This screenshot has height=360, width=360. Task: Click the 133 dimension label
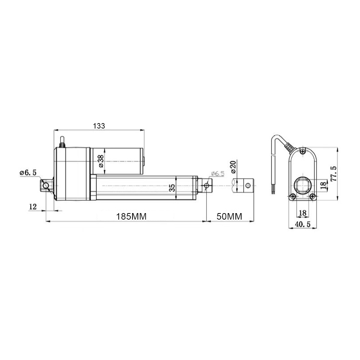(x=99, y=126)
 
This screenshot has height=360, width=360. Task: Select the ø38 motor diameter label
(x=100, y=161)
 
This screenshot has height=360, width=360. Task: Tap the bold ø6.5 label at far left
(x=28, y=173)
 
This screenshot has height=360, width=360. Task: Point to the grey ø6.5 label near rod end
(x=217, y=174)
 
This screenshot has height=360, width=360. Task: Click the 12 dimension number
(x=33, y=207)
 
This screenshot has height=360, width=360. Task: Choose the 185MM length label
(x=131, y=216)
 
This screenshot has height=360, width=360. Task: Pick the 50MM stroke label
(x=229, y=216)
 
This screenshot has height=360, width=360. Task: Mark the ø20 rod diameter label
(x=233, y=167)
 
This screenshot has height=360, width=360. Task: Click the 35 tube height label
(x=172, y=188)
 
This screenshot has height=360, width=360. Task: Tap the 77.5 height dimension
(x=333, y=174)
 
